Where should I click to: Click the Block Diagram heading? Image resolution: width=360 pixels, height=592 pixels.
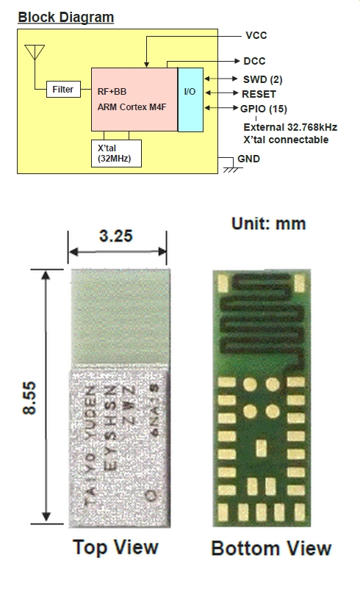(x=65, y=18)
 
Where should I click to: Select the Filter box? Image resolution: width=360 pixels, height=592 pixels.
(x=63, y=90)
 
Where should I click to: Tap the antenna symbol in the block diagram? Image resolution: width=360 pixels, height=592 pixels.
(x=35, y=52)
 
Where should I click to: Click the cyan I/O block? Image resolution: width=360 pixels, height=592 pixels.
(x=190, y=100)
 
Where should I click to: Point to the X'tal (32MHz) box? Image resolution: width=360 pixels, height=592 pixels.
(x=116, y=154)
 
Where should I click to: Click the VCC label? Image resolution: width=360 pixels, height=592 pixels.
(x=256, y=35)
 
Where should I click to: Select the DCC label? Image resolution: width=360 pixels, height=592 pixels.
(x=254, y=61)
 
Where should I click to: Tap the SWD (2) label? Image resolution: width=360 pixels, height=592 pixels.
(x=263, y=79)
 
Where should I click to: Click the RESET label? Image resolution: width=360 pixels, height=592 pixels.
(x=259, y=94)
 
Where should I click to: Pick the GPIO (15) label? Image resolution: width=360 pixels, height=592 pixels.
(x=264, y=109)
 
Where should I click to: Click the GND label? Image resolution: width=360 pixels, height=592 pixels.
(x=248, y=159)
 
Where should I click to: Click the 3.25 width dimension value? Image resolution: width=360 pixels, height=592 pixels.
(x=116, y=236)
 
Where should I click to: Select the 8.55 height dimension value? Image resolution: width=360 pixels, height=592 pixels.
(x=29, y=398)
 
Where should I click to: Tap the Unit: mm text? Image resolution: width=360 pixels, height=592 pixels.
(x=268, y=224)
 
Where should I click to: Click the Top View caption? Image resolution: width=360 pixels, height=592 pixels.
(x=115, y=548)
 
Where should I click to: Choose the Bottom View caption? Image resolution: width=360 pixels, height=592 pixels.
(x=271, y=549)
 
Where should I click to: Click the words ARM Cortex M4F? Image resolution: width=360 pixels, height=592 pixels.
(x=132, y=107)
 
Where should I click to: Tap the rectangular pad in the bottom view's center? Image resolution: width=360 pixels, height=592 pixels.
(x=261, y=448)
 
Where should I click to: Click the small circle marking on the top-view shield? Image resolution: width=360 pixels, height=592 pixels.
(x=151, y=495)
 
